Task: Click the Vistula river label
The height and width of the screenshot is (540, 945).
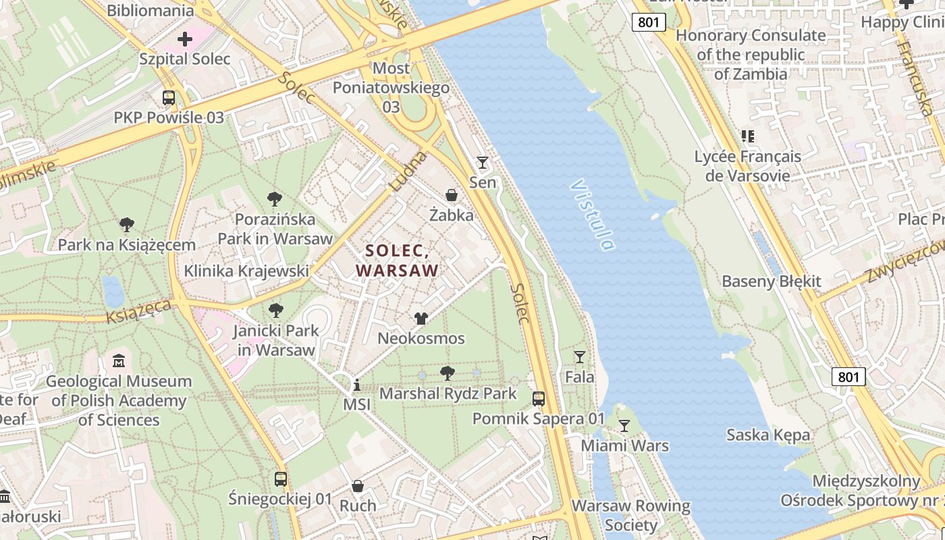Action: (593, 215)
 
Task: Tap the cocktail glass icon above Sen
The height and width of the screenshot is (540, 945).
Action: (482, 162)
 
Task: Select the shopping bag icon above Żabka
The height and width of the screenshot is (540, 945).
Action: (452, 196)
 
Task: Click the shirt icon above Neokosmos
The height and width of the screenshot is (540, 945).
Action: (421, 319)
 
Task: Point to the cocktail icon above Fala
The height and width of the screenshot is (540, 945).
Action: (579, 356)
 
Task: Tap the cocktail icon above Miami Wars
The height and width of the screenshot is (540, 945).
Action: (624, 425)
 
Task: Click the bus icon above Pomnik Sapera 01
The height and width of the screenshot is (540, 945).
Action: (538, 398)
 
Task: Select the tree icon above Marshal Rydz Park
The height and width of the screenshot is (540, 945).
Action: (447, 373)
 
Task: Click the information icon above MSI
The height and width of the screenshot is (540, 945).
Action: (357, 385)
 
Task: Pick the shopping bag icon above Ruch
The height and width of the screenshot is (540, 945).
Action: (358, 486)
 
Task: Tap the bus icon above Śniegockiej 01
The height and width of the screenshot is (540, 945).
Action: (281, 479)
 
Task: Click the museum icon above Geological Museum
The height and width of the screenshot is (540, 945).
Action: (119, 360)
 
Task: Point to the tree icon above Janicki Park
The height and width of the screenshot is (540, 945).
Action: (275, 310)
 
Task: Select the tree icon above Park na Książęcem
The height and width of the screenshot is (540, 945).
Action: (126, 225)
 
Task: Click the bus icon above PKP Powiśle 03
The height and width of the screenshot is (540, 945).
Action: (169, 98)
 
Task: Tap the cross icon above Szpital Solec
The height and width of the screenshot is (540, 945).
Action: (184, 39)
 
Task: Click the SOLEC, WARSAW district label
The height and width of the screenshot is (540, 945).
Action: (398, 261)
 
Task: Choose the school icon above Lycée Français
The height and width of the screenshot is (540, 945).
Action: (748, 136)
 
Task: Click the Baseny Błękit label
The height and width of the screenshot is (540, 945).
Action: (772, 281)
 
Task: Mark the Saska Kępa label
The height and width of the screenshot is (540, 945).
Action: (768, 435)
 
